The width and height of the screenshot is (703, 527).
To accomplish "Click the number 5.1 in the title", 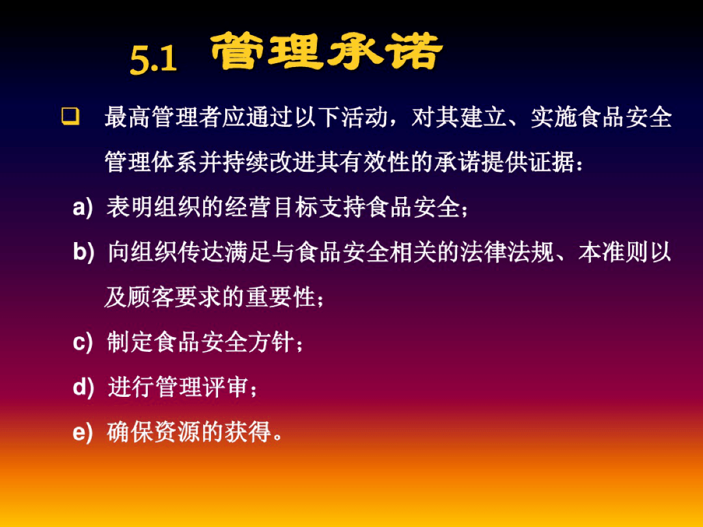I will click(x=154, y=60).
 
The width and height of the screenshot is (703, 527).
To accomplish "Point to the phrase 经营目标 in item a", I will click(x=269, y=208).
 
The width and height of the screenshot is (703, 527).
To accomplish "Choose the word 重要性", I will click(x=281, y=298).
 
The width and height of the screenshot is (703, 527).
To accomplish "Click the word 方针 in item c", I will click(x=269, y=342).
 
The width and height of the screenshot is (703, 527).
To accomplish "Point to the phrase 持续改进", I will click(x=269, y=163).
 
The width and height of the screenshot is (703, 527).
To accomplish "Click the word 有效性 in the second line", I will click(x=376, y=163).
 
